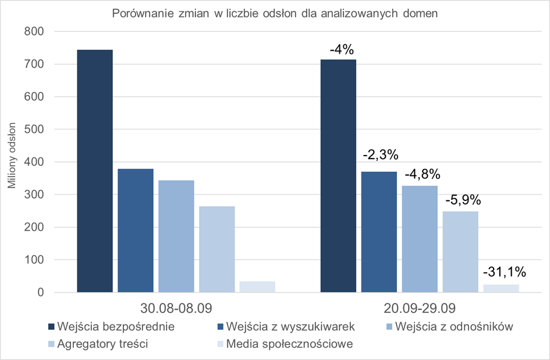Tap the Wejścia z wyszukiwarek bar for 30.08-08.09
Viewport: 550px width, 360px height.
tap(136, 230)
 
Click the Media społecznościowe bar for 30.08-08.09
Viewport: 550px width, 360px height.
tap(257, 287)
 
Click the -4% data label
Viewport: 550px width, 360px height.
tap(342, 50)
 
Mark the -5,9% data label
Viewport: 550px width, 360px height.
tap(463, 200)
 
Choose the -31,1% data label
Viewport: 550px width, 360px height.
tap(504, 271)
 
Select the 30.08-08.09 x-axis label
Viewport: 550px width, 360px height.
tap(176, 308)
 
